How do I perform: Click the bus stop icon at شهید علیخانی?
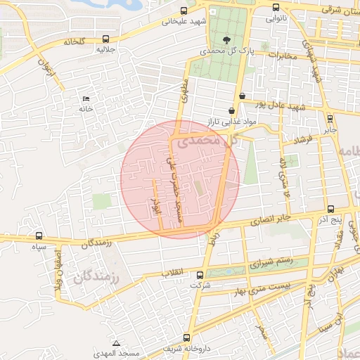[184, 11]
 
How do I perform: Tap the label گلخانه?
[73, 41]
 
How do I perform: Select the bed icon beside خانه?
[86, 98]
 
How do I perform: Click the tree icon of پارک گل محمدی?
[226, 40]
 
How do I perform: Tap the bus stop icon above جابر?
[330, 118]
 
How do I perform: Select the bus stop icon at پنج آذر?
[331, 209]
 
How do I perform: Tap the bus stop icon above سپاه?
[38, 236]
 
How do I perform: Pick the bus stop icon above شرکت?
[200, 275]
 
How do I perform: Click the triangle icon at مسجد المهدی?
[115, 342]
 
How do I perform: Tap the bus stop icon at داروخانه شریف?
[186, 337]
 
